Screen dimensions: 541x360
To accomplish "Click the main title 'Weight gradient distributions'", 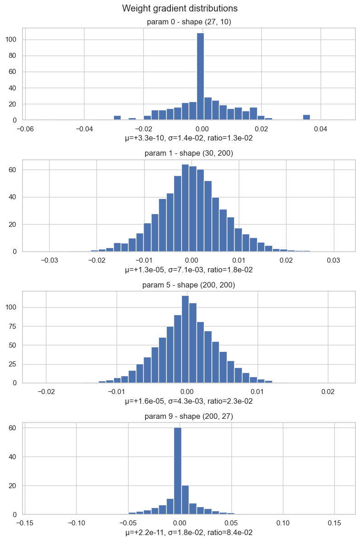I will pyautogui.click(x=180, y=8).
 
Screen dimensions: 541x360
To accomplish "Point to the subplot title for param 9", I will pyautogui.click(x=189, y=416).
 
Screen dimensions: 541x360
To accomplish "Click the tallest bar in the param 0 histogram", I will pyautogui.click(x=200, y=76).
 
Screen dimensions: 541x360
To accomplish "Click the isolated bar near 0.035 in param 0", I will pyautogui.click(x=306, y=117).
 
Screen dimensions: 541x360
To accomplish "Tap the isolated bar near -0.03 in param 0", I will pyautogui.click(x=117, y=118).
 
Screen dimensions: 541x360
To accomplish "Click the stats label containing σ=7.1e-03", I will pyautogui.click(x=189, y=270).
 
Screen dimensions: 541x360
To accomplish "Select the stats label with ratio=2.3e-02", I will pyautogui.click(x=189, y=401).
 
